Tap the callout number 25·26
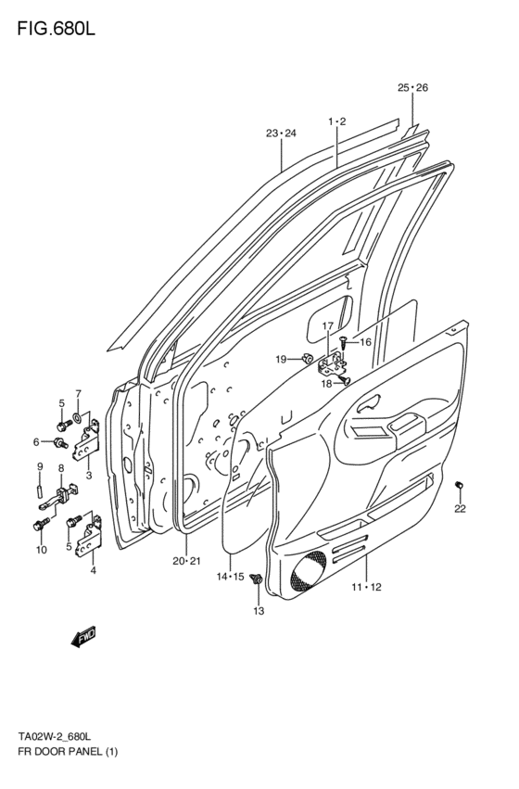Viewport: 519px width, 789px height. pos(412,88)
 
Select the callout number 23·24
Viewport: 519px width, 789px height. pos(281,134)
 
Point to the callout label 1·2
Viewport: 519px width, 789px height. pos(335,122)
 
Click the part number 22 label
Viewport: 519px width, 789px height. pos(461,508)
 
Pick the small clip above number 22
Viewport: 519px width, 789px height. pos(460,486)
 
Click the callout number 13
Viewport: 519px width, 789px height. pos(259,610)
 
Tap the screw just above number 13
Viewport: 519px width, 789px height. pos(258,581)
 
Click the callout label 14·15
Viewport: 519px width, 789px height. pos(230,577)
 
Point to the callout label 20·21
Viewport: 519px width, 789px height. pos(186,561)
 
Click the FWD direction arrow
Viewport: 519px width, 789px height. pos(82,637)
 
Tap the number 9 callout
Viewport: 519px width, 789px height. pos(40,465)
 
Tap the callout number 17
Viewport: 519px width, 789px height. pos(327,325)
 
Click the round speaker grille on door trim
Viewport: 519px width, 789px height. pos(305,572)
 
